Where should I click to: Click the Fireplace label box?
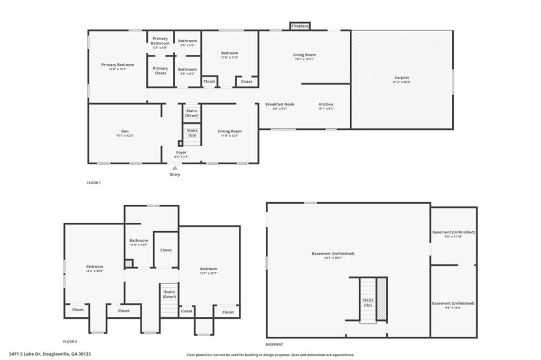coord(300,26)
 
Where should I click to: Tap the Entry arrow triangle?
coord(175,168)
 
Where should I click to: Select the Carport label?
coord(402,78)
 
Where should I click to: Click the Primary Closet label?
coord(160,71)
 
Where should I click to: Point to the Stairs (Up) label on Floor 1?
coord(192,133)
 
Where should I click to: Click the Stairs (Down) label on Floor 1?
coord(191,113)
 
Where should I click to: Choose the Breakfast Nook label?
coord(280,104)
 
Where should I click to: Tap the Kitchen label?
coord(325,104)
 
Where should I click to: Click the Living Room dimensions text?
coord(304,59)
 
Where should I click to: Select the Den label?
coord(125,131)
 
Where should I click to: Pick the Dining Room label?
coord(230,131)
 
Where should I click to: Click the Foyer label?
coord(181,152)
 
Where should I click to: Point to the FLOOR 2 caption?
coord(70,342)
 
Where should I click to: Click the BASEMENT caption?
coord(274,344)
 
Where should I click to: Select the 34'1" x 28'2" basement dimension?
coord(333,258)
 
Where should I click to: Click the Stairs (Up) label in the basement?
coord(368,302)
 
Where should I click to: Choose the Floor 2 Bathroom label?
coord(139,240)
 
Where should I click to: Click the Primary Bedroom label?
coord(118,64)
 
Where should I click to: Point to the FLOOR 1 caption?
coord(94,183)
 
